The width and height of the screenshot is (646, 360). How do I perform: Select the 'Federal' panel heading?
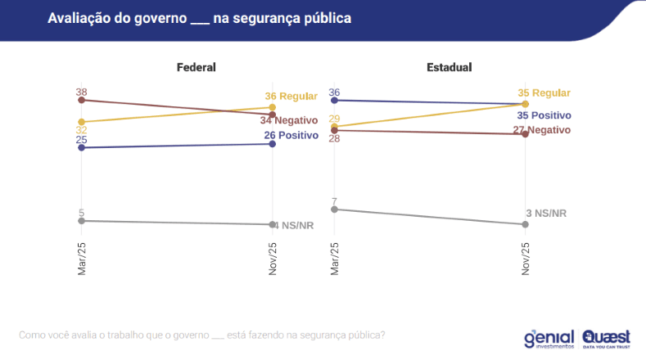pyautogui.click(x=197, y=67)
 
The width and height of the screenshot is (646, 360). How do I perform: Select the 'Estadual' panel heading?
pyautogui.click(x=449, y=67)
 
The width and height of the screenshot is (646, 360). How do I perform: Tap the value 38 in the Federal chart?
pyautogui.click(x=82, y=92)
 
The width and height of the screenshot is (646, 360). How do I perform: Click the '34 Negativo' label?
pyautogui.click(x=289, y=120)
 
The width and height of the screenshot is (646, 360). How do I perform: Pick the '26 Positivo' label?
pyautogui.click(x=291, y=134)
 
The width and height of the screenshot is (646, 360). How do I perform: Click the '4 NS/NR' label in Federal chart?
pyautogui.click(x=293, y=225)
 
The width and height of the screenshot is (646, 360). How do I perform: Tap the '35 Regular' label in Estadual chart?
pyautogui.click(x=544, y=93)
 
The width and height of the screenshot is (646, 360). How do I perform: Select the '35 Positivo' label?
pyautogui.click(x=544, y=115)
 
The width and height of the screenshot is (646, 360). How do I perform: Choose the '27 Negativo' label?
pyautogui.click(x=541, y=130)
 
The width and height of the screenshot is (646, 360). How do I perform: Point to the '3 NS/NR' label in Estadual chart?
pyautogui.click(x=546, y=214)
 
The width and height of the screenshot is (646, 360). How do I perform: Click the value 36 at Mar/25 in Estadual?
pyautogui.click(x=334, y=92)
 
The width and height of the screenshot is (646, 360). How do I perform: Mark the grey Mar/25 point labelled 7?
pyautogui.click(x=334, y=209)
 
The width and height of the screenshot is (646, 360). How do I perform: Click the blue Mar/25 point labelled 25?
pyautogui.click(x=82, y=147)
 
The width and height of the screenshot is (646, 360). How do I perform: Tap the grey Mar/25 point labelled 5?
pyautogui.click(x=82, y=221)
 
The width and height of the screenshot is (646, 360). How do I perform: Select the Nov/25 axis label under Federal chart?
pyautogui.click(x=273, y=259)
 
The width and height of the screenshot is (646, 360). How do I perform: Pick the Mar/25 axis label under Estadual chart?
pyautogui.click(x=334, y=259)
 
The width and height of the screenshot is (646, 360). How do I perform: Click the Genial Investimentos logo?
pyautogui.click(x=549, y=338)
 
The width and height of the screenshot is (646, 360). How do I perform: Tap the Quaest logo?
pyautogui.click(x=606, y=338)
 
